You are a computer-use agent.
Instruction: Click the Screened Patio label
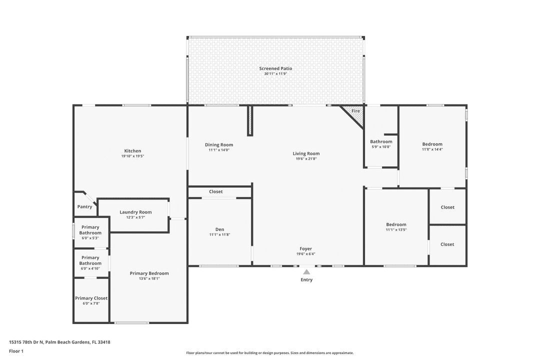pos(275,68)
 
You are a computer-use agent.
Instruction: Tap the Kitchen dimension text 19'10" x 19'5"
pos(132,156)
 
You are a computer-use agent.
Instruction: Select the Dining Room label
pos(219,144)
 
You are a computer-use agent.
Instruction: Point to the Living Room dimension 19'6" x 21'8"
pos(306,159)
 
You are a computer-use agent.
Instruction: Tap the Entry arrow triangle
pos(306,272)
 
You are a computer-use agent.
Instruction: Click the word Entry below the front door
pos(306,279)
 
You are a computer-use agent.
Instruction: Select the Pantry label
pos(84,206)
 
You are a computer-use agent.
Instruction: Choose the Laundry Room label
pos(135,212)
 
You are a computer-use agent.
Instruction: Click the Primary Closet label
pos(91,298)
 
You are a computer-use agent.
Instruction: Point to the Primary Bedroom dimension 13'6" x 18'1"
pos(149,278)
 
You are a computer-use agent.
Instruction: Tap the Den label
pos(219,229)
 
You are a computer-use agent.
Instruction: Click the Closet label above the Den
pos(216,191)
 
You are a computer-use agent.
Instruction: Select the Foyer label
pos(306,248)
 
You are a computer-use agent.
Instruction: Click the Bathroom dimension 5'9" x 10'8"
pos(381,147)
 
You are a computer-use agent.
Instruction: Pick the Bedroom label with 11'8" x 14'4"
pos(432,144)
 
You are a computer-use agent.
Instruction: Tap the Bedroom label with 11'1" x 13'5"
pos(396,224)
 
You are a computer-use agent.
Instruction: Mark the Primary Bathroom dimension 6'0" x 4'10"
pos(90,268)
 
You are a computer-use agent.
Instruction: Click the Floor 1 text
pos(16,351)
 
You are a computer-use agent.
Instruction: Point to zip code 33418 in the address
pos(104,342)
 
